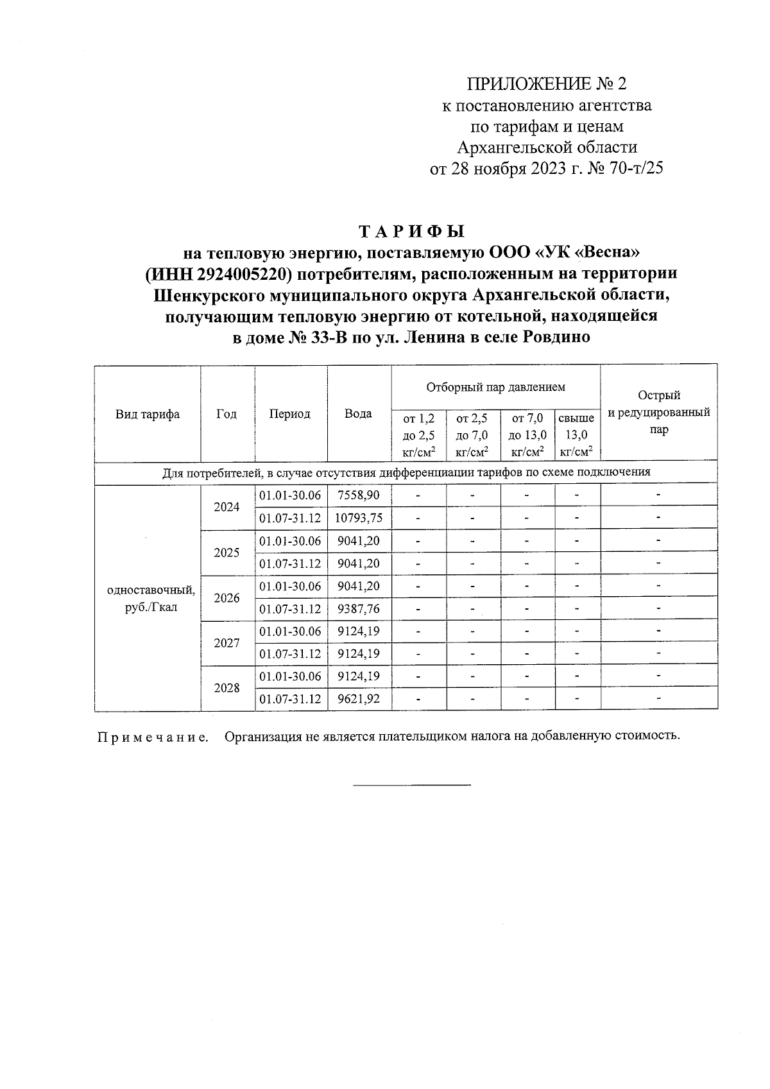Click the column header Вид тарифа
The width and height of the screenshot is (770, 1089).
point(148,414)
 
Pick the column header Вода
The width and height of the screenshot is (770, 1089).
point(358,414)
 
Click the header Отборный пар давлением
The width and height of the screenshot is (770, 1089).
point(495,388)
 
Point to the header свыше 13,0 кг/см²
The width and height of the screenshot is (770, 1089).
point(576,435)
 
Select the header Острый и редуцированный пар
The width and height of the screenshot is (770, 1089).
point(658,413)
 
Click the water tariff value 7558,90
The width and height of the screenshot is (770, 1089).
point(358,495)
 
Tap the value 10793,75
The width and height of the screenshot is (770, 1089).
point(359,518)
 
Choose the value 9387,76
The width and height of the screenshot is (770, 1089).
point(358,608)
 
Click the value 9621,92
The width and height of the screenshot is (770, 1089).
point(358,699)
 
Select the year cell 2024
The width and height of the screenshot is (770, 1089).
point(227,507)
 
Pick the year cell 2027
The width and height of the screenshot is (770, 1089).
point(227,642)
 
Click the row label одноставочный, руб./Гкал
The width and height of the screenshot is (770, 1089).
point(151,597)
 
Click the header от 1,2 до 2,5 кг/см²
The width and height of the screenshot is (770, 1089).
point(418,435)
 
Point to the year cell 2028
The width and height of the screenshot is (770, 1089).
point(227,688)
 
